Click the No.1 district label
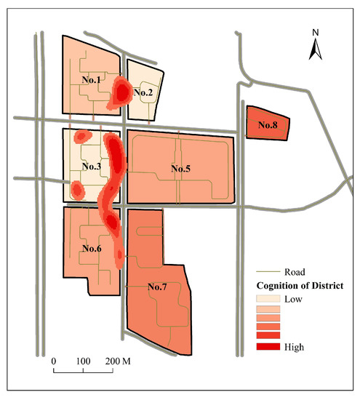tap(92, 79)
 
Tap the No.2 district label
tap(143, 92)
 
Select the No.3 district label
tap(92, 167)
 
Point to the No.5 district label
tap(180, 169)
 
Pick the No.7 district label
tap(158, 287)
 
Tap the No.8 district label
tap(269, 124)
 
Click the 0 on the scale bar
tap(53, 361)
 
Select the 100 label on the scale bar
tap(83, 361)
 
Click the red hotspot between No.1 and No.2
tap(121, 92)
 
